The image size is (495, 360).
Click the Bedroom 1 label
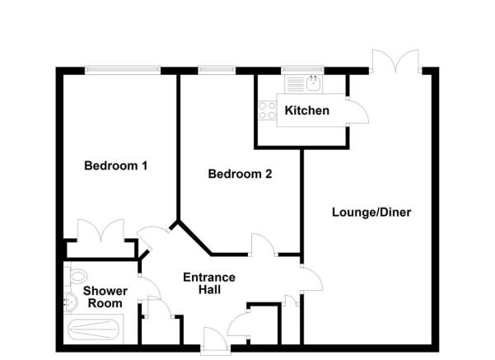point(116,166)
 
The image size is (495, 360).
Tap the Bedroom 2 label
point(240,174)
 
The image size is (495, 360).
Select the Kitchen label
point(307,110)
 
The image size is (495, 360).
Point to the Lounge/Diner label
point(371,213)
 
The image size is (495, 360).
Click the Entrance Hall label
point(209,283)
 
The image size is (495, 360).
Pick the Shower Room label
point(105,297)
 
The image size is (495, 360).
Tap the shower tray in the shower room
point(93,329)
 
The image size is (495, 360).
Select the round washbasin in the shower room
point(70,303)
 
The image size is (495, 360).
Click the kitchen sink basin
point(314,84)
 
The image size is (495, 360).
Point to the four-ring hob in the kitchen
point(267,110)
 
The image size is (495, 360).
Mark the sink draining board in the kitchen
point(296,84)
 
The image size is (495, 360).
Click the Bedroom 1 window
point(123,70)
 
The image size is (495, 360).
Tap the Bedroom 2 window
point(217,70)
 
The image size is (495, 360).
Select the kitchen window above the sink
point(303,70)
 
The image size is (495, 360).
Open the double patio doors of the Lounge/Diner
point(395,62)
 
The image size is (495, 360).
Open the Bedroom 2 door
point(262,245)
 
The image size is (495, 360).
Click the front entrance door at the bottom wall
point(216,339)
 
